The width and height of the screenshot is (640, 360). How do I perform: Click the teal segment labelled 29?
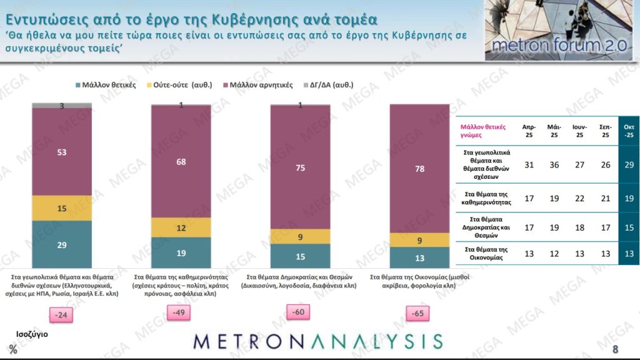[x=61, y=244]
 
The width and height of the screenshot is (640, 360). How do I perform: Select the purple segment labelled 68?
[x=181, y=161]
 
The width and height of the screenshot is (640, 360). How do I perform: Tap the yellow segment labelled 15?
[x=61, y=208]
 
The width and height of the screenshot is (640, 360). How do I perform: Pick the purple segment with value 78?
[x=419, y=169]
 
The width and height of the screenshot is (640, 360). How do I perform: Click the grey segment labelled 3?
[x=61, y=106]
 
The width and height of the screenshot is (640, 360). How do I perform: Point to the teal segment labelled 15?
[x=300, y=256]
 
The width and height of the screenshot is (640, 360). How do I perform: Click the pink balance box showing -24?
[x=61, y=315]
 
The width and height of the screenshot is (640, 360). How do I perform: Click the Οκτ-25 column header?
[x=629, y=130]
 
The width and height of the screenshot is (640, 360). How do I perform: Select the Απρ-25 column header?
[x=529, y=130]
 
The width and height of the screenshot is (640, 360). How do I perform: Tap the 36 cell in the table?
[x=554, y=163]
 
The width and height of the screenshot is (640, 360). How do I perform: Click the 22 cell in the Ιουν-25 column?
[x=579, y=198]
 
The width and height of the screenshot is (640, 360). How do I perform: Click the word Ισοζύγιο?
[x=32, y=334]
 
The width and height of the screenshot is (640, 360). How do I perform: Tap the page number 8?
[x=616, y=349]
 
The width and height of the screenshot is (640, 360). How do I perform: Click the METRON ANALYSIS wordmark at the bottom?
[x=318, y=341]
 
